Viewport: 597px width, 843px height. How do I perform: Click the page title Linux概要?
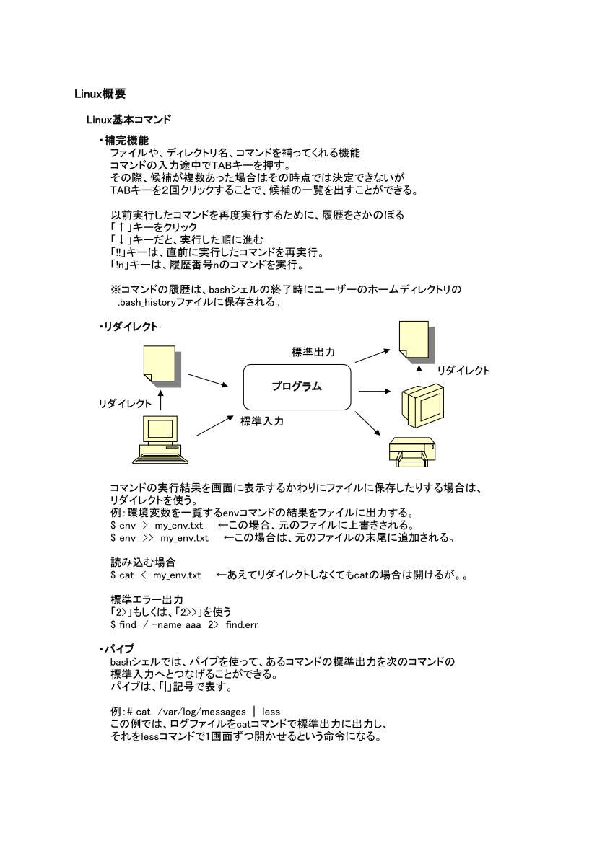tap(101, 94)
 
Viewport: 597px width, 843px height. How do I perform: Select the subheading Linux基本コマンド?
tap(128, 119)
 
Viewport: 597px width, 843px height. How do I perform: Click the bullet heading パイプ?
tap(121, 649)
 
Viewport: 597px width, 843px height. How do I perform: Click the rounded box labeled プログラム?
tap(297, 387)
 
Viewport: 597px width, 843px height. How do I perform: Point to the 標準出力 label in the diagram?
tap(313, 352)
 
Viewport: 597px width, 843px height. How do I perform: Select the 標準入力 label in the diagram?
tap(261, 421)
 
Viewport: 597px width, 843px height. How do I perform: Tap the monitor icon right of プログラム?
tap(419, 403)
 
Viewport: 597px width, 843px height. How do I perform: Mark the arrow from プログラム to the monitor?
tap(374, 392)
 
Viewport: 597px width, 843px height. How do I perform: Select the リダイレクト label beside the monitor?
tap(463, 371)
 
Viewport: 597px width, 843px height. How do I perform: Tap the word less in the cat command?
tap(271, 712)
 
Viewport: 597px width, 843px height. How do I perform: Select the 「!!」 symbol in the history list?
tap(116, 253)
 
